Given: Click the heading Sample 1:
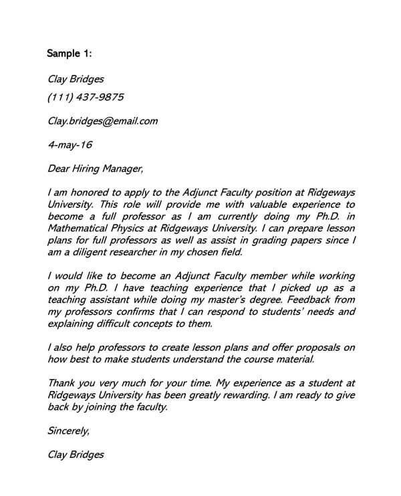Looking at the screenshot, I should click(71, 53).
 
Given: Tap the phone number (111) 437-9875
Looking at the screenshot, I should click(86, 98).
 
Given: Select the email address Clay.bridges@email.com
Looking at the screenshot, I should click(103, 121).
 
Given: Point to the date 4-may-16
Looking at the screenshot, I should click(71, 144).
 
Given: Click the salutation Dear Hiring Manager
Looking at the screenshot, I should click(96, 167).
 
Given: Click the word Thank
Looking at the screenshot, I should click(62, 383).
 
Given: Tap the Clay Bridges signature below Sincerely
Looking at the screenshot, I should click(76, 455).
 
